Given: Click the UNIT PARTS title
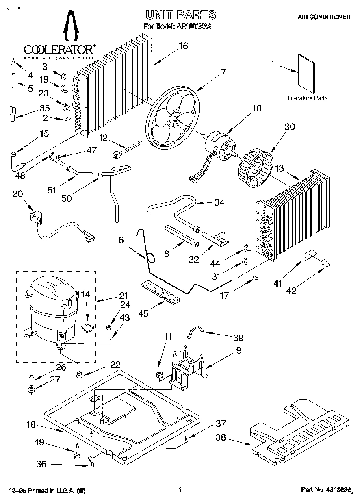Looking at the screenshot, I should coord(181,15).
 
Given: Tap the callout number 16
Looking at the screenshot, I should coord(183,46).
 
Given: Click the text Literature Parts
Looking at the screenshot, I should coord(308,98).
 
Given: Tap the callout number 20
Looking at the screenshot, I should coord(18,194).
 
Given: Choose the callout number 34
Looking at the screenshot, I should coord(219,202).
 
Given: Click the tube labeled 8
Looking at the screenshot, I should coord(182,235).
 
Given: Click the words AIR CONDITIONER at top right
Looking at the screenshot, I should coord(324,17).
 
